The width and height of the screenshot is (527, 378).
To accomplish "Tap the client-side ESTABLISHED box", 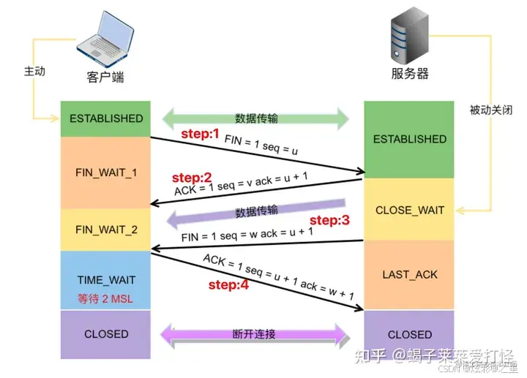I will coord(106,118).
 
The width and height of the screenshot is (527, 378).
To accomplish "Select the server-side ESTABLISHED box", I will coord(409,139).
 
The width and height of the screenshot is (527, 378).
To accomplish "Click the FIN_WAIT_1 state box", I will coord(106,173).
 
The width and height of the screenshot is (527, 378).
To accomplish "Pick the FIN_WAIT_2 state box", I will coord(106,229).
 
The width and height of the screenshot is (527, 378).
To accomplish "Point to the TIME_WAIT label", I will coord(106,280).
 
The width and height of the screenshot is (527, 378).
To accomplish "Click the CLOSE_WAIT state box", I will coord(409,210).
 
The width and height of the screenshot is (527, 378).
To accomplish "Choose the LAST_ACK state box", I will coord(409,274).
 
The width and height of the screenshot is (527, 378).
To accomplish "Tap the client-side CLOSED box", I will coord(106,334).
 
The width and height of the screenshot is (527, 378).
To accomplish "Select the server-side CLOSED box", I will coord(409,334).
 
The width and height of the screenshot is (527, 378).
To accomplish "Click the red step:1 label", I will coord(200,134).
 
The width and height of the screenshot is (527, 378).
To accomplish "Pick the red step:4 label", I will coord(228,285).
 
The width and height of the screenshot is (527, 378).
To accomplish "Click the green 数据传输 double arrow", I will coord(255,118).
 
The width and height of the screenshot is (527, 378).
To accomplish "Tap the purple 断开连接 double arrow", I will coord(255,334).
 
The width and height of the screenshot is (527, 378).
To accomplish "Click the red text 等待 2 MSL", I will coord(106,298).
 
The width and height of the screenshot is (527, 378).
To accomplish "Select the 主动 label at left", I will coord(34,72).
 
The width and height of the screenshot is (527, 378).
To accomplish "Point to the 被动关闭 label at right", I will coord(490,110).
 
